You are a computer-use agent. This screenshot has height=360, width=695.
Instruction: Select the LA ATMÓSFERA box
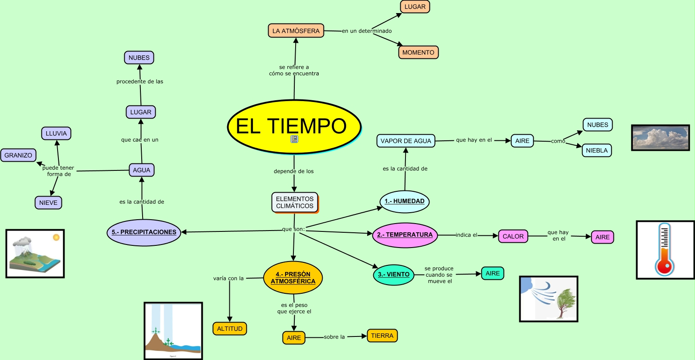pos(296,31)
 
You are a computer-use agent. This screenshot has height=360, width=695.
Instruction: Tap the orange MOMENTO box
pos(418,52)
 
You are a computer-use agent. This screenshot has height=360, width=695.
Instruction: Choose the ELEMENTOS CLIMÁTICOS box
pos(295,203)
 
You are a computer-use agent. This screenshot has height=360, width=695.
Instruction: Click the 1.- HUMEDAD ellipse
pos(405,201)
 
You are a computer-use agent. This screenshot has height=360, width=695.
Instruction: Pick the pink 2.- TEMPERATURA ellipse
pos(405,235)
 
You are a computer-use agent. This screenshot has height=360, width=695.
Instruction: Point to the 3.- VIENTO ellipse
pos(393,275)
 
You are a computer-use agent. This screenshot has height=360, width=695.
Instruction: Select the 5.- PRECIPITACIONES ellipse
pos(144,232)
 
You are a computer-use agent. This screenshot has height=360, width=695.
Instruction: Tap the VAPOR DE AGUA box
pos(405,141)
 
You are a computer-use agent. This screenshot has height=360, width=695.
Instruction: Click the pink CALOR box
pos(513,236)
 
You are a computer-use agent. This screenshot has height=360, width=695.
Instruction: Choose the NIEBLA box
pos(596,150)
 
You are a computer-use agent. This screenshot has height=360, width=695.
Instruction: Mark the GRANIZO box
pos(18,155)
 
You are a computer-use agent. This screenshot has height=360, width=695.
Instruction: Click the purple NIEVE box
pos(48,203)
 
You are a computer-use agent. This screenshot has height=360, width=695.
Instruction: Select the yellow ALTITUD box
pos(229,329)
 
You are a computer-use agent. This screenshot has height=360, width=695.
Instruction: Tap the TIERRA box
pos(382,336)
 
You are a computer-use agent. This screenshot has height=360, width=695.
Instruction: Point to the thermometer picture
pos(664,250)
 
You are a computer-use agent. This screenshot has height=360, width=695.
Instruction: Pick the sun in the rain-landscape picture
pos(56,238)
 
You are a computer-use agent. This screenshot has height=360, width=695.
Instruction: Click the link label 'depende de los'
pos(293,171)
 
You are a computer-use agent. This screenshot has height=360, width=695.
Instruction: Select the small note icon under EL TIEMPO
pos(294,139)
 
